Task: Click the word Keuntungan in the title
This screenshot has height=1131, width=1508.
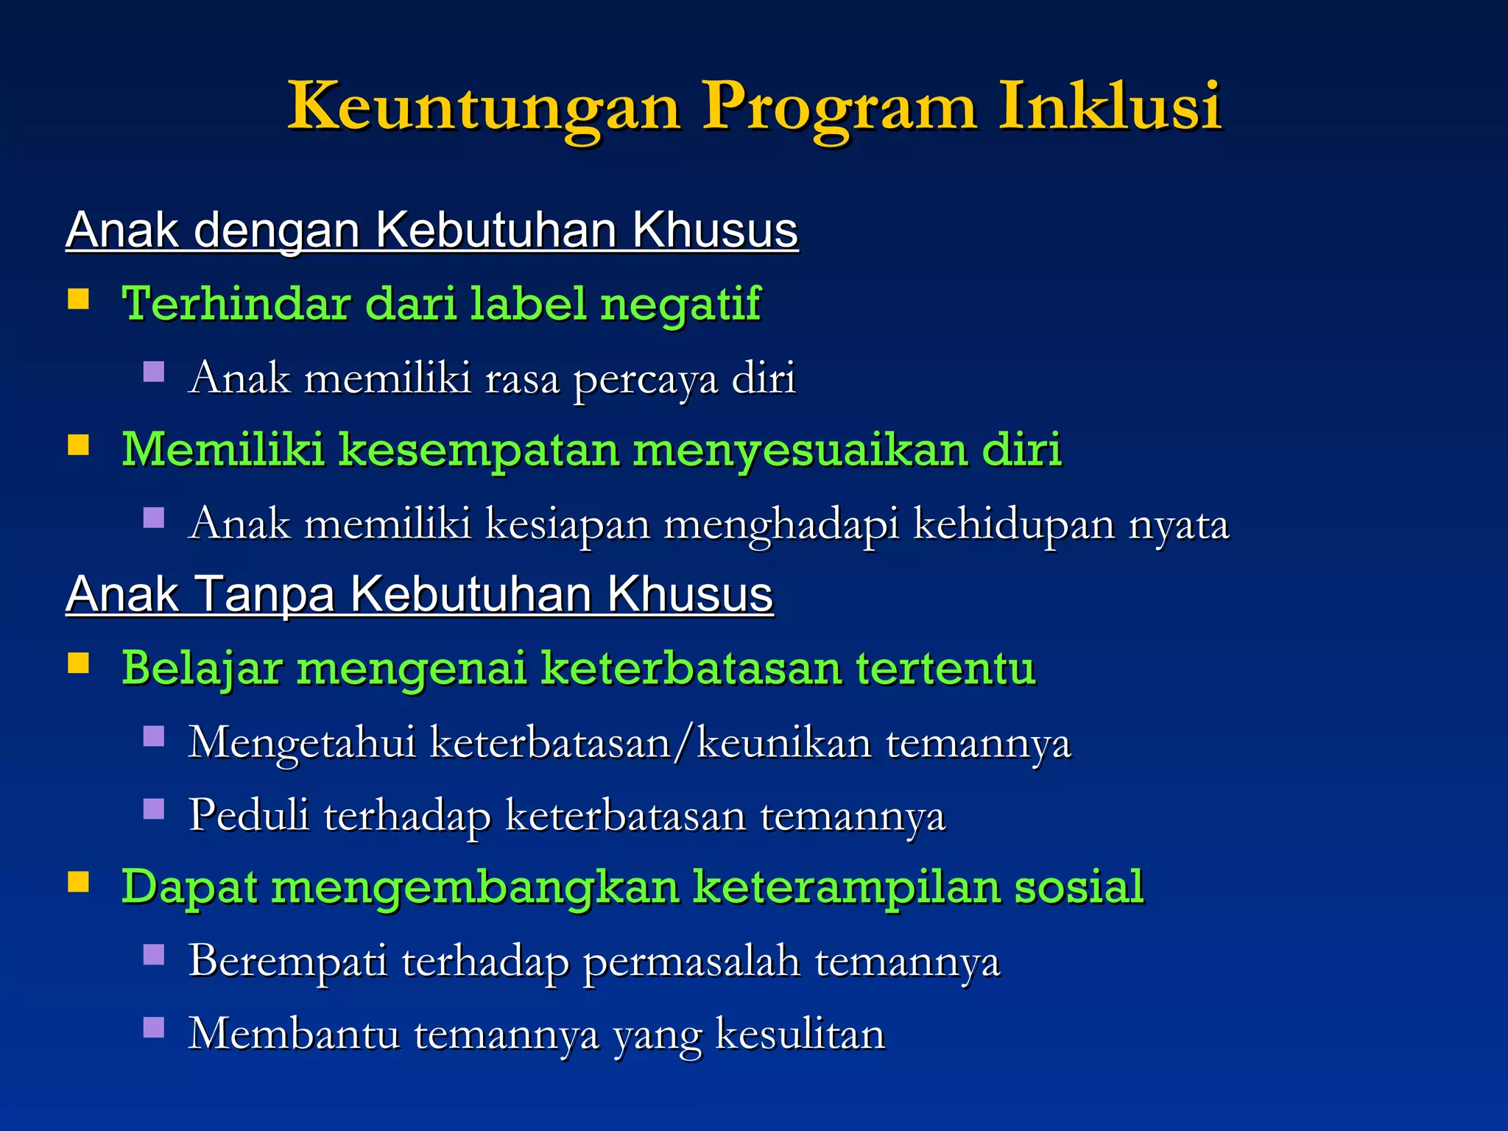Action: pyautogui.click(x=484, y=107)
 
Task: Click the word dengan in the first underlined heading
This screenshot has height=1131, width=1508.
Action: pyautogui.click(x=277, y=231)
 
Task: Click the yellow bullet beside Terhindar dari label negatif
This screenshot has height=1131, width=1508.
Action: pyautogui.click(x=78, y=300)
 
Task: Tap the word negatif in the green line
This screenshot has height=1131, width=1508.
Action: pyautogui.click(x=680, y=305)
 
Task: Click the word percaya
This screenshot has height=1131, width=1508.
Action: pyautogui.click(x=645, y=380)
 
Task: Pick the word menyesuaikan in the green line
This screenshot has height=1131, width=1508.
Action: pyautogui.click(x=800, y=450)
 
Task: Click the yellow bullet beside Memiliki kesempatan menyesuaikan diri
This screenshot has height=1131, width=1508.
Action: pyautogui.click(x=78, y=445)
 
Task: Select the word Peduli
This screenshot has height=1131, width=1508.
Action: pyautogui.click(x=249, y=814)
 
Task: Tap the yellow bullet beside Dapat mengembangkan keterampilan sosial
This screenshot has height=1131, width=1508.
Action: pyautogui.click(x=78, y=881)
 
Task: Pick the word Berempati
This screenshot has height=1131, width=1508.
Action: pyautogui.click(x=288, y=961)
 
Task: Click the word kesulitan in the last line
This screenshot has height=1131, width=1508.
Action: pyautogui.click(x=800, y=1034)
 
